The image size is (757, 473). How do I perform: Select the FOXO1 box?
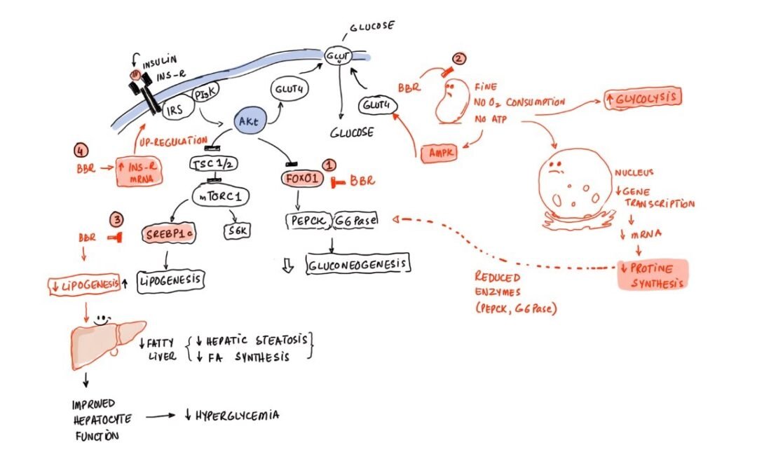click(303, 179)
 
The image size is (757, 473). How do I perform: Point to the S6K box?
click(236, 232)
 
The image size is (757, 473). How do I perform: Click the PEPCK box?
click(308, 221)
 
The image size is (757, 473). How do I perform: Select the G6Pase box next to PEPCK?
click(356, 221)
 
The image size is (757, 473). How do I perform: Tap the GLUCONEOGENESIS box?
click(359, 264)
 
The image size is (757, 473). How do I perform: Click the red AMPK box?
click(438, 151)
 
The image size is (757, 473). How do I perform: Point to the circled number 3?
click(118, 219)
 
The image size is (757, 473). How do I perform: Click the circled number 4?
click(81, 150)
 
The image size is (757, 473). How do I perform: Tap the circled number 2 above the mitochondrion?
click(459, 60)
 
